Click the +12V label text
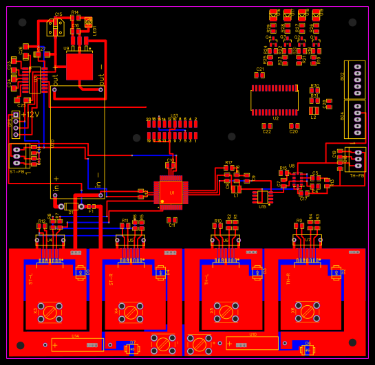coord(31,115)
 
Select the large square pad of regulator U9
coord(79,67)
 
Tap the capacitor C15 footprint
coord(56,27)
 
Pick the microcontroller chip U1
coord(171,192)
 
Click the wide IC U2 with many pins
coord(275,100)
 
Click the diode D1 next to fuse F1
coord(71,206)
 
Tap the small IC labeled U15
coord(262,197)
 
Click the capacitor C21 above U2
coord(259,75)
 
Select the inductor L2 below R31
coord(314,110)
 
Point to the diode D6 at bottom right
coord(308,350)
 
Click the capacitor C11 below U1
coord(171,220)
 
